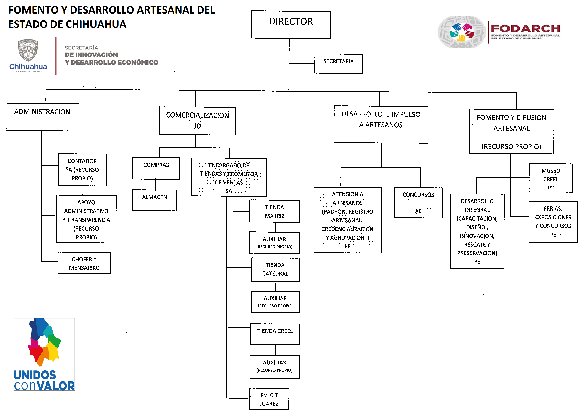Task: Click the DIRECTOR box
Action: (291, 24)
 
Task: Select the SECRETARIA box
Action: (338, 64)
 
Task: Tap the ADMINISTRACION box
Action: (43, 117)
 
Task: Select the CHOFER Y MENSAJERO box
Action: (84, 263)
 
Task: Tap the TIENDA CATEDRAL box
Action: (275, 270)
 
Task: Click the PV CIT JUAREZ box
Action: (269, 399)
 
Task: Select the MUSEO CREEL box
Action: (551, 178)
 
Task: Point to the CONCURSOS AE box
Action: (418, 203)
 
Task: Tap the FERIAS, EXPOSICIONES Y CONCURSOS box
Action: (553, 222)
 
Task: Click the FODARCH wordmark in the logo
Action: (525, 28)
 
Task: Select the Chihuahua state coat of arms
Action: (28, 50)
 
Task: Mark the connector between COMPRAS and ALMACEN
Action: (156, 184)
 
